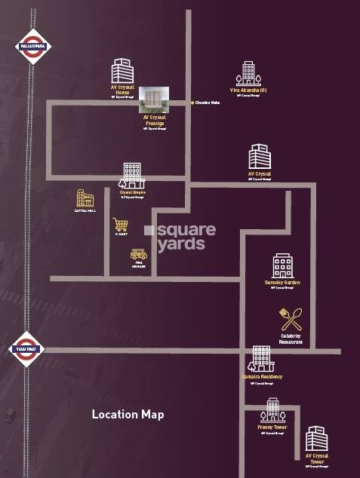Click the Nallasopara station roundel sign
[31, 44]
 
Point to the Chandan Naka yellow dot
[192, 103]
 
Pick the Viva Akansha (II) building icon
[248, 73]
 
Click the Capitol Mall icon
[85, 199]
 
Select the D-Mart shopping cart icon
[120, 225]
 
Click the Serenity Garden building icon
[282, 265]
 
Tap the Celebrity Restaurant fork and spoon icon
[290, 319]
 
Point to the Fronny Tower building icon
[272, 411]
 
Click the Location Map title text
[128, 414]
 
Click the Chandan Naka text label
[208, 103]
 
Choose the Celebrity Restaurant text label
[291, 339]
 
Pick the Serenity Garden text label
[283, 282]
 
